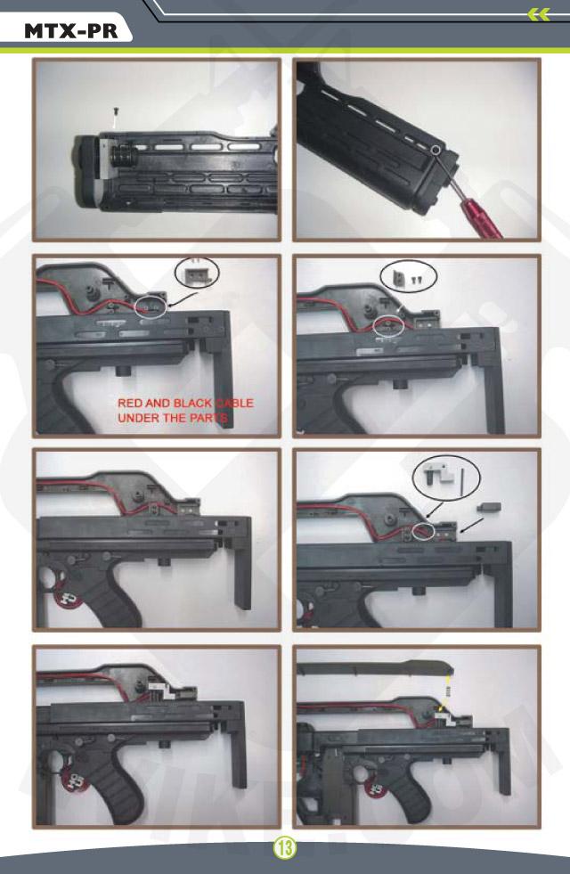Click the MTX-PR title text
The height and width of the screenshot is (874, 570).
[x=70, y=30]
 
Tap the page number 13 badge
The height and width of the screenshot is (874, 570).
[x=285, y=848]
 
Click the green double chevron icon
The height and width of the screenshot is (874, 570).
[x=539, y=14]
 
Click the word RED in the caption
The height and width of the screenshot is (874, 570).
[x=130, y=403]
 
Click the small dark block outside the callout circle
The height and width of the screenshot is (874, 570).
[x=489, y=507]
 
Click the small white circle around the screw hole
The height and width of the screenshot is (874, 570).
[x=436, y=150]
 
